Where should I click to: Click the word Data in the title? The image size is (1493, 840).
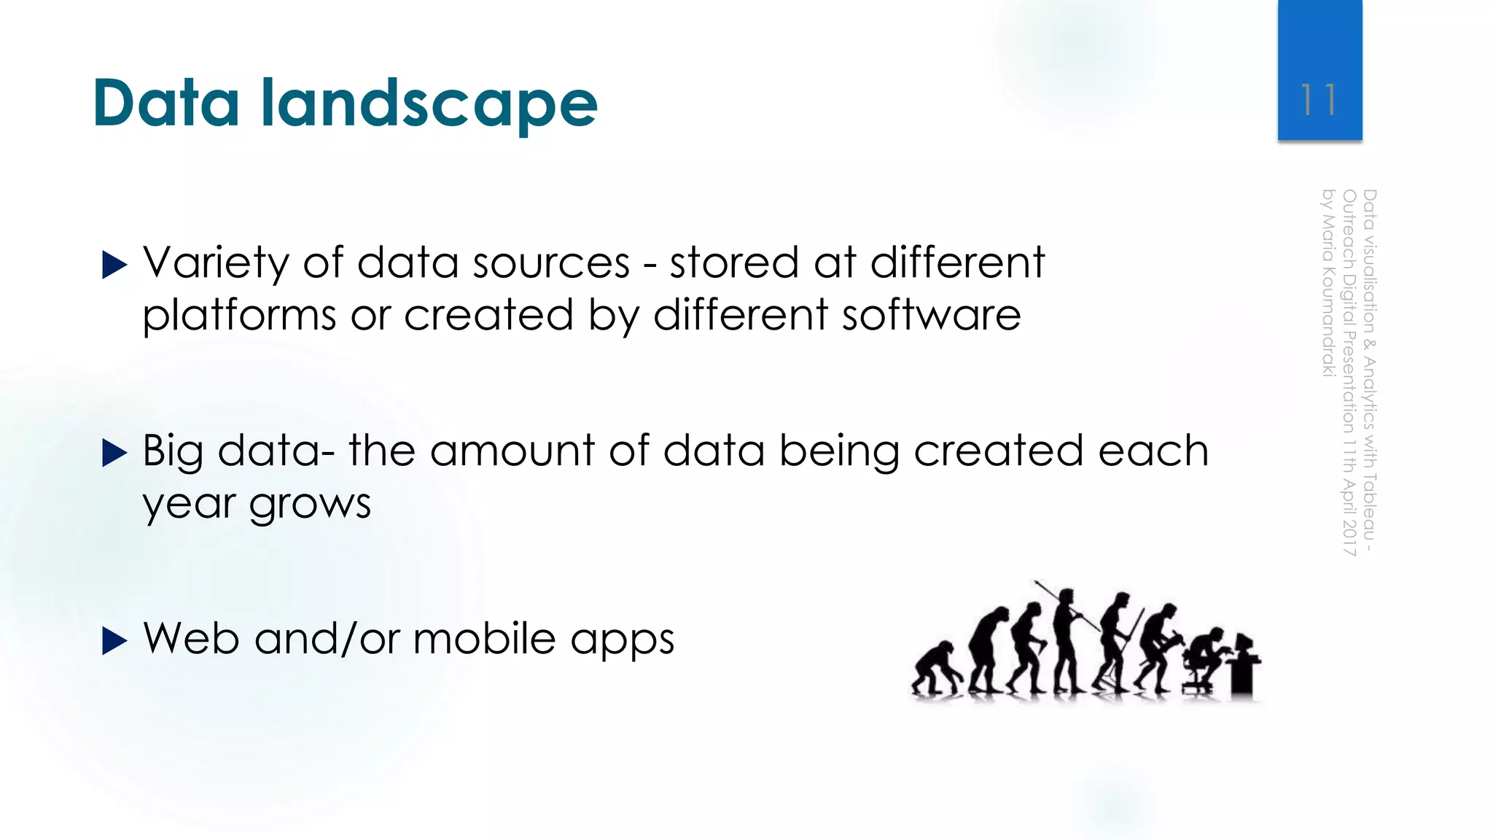166,104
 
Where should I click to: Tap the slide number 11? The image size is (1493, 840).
1319,100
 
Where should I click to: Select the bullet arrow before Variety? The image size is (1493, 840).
114,265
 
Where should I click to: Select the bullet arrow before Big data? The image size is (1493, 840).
114,453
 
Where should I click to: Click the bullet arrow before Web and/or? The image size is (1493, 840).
114,641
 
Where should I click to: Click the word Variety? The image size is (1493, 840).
216,264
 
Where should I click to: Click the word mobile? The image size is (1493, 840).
484,639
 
